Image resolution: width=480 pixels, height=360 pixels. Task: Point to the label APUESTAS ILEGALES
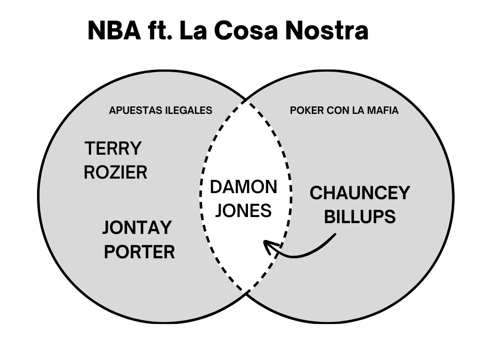pyautogui.click(x=160, y=111)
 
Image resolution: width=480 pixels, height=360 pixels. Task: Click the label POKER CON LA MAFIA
pyautogui.click(x=344, y=111)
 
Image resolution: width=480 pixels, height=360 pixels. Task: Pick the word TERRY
pyautogui.click(x=113, y=149)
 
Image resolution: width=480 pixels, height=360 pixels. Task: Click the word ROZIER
pyautogui.click(x=115, y=172)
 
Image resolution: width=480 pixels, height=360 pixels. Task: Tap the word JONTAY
pyautogui.click(x=137, y=228)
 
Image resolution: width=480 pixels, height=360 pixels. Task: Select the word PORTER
pyautogui.click(x=139, y=252)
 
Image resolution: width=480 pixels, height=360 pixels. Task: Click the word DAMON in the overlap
pyautogui.click(x=243, y=187)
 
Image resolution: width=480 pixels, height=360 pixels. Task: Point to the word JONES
pyautogui.click(x=243, y=211)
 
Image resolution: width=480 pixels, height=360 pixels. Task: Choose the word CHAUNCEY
pyautogui.click(x=360, y=193)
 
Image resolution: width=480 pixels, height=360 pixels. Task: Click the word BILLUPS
pyautogui.click(x=360, y=217)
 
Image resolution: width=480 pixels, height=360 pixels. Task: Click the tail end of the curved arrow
pyautogui.click(x=335, y=235)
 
